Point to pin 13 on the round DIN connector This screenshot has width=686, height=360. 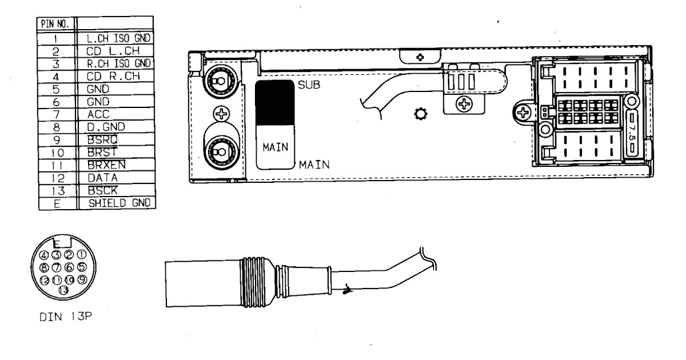(63, 290)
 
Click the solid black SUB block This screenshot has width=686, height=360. (273, 102)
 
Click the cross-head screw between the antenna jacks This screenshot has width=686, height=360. (217, 113)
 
